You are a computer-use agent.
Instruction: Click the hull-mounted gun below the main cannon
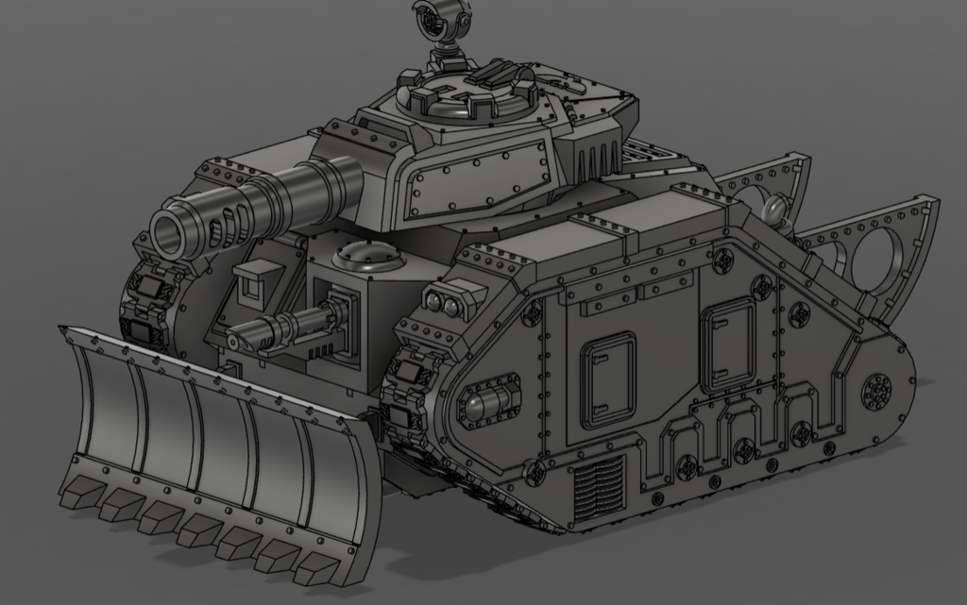click(x=283, y=327)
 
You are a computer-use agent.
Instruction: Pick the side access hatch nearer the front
click(x=607, y=378)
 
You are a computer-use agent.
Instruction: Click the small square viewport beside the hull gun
click(x=252, y=279)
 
